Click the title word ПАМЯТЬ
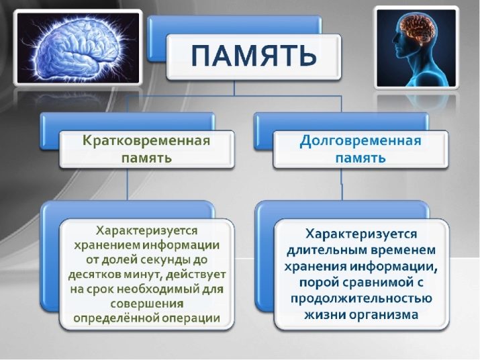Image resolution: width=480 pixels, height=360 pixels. (254, 55)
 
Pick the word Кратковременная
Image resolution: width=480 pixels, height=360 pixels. (146, 140)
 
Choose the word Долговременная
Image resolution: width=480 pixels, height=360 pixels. (361, 141)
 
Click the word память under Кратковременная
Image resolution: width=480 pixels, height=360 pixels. (146, 159)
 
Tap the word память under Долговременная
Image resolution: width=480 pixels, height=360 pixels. (361, 159)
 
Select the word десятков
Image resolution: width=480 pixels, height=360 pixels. (100, 275)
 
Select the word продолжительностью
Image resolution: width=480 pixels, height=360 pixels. (361, 298)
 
